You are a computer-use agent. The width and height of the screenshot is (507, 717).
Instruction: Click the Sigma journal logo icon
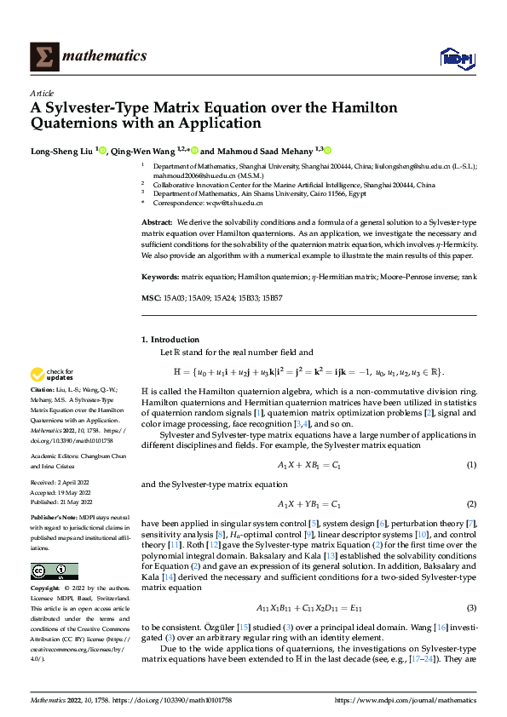[x=43, y=56]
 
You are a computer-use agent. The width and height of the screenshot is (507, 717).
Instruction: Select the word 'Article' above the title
[x=42, y=93]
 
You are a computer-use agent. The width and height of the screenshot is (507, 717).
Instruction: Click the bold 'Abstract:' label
[x=157, y=221]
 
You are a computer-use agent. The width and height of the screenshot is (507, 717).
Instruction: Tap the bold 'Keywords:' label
[x=159, y=278]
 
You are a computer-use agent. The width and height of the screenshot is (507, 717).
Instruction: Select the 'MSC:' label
[x=150, y=297]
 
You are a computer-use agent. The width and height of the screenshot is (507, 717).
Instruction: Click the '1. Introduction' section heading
[x=170, y=339]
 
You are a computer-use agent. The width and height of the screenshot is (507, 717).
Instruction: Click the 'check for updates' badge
[x=53, y=375]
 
